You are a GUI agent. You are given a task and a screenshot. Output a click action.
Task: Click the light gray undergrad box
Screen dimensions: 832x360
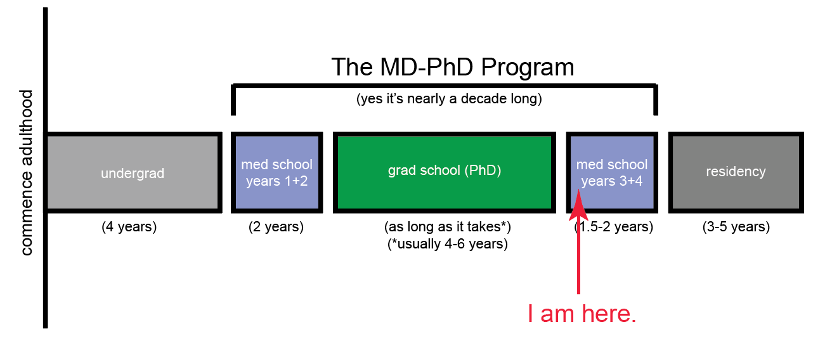[x=134, y=172]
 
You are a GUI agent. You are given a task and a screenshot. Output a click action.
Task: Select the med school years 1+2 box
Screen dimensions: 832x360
[x=276, y=172]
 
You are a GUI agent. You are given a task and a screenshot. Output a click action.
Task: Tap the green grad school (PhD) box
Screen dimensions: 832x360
[x=445, y=172]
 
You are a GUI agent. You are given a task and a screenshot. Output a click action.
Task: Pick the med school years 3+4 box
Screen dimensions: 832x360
[x=612, y=172]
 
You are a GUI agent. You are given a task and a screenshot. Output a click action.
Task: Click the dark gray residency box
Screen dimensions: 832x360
[x=736, y=172]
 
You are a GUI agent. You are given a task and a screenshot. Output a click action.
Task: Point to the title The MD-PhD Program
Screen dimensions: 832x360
[x=453, y=68]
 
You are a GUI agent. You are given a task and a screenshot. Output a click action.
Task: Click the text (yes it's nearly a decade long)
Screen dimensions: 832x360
[x=449, y=99]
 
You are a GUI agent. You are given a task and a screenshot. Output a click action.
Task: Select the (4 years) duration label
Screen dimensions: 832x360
[x=129, y=227]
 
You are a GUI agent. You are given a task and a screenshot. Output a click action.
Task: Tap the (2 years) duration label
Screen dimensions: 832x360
[x=276, y=227]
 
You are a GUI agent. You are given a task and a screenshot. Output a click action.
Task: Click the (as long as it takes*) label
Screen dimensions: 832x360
[x=448, y=227]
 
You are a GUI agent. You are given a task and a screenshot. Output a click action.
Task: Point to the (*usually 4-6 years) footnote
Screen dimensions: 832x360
[x=448, y=244]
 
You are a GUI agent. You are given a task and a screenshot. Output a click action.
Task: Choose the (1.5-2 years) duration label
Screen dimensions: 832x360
[x=614, y=227]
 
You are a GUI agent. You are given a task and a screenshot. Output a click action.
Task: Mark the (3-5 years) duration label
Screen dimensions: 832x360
[x=736, y=227]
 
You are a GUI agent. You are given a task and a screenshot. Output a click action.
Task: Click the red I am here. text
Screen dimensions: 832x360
[x=582, y=314]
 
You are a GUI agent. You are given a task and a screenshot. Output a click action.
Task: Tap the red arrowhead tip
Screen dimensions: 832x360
[x=579, y=190]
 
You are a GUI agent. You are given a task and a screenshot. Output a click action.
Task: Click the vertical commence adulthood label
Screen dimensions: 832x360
[x=27, y=172]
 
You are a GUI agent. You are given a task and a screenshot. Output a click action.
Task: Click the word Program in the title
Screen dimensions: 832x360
[x=528, y=68]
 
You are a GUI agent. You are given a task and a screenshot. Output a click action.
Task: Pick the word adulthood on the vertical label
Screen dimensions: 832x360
[x=27, y=128]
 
